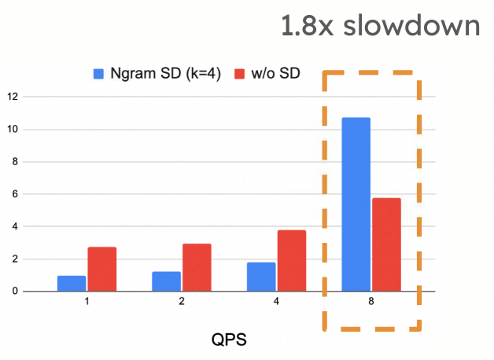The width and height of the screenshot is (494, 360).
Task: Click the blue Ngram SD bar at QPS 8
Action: tap(356, 204)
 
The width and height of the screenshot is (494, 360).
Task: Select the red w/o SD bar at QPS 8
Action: tap(386, 244)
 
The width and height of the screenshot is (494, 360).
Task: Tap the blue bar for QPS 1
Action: tap(72, 284)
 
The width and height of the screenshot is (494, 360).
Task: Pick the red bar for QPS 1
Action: tap(102, 269)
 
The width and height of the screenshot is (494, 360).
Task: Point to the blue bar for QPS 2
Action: tap(166, 281)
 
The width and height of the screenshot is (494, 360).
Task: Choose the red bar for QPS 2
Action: tap(197, 267)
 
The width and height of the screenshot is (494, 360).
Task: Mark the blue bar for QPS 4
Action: tap(261, 277)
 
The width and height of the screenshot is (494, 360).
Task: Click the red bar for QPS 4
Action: tap(292, 261)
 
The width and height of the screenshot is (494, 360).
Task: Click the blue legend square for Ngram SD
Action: tap(98, 74)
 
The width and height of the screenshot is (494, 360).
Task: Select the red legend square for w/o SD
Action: tap(239, 74)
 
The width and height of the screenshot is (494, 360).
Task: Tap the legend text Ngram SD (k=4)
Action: tap(165, 74)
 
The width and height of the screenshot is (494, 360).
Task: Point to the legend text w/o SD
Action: tap(275, 73)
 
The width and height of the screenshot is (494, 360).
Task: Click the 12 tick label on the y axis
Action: tap(13, 97)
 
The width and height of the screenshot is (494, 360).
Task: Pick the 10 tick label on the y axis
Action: tap(13, 130)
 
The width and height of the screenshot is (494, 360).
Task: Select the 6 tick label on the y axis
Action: tap(15, 194)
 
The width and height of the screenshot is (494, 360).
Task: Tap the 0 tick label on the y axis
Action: tap(15, 292)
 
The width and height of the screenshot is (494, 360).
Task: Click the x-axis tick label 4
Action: tap(276, 302)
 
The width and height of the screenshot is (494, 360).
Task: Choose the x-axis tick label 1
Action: tap(87, 302)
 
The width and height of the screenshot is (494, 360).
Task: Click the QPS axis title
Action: tap(229, 340)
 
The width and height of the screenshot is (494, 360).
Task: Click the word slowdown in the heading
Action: tap(411, 25)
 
